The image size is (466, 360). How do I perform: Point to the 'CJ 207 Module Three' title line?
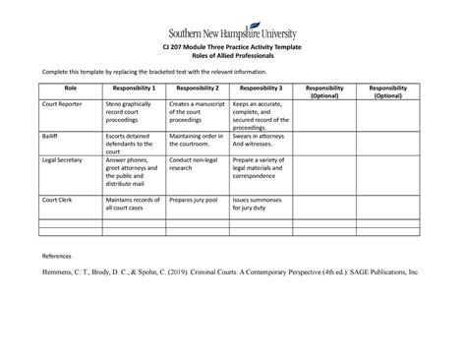[233, 50]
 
